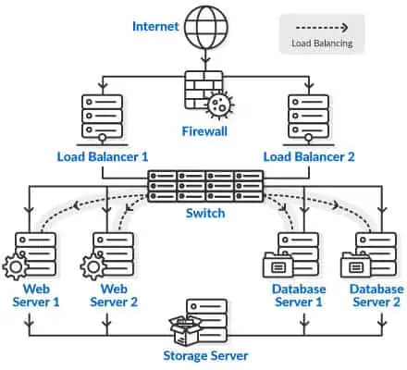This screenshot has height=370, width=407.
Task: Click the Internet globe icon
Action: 206,27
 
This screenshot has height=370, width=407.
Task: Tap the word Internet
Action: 155,27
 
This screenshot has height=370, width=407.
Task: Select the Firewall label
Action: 204,131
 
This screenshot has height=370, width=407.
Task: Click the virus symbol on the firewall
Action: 220,105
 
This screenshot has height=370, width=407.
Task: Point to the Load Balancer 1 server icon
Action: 102,120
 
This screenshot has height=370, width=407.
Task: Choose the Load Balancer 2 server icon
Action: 308,120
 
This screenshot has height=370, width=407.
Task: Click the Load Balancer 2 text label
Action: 309,156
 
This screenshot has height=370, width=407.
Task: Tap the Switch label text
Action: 205,213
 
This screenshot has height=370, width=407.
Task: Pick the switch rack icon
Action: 205,186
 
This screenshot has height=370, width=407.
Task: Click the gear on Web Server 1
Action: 16,266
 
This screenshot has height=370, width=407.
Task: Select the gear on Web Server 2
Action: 93,266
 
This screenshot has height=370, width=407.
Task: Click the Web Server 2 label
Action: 114,295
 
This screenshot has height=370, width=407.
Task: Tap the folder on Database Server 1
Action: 277,265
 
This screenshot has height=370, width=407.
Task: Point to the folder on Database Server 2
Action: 355,265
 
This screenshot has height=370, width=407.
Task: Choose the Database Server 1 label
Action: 299,295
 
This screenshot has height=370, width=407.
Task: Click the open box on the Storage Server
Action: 185,330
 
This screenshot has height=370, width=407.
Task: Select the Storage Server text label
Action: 205,355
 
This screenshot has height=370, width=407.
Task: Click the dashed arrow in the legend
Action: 322,28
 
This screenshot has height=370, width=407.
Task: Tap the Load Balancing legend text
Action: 322,43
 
